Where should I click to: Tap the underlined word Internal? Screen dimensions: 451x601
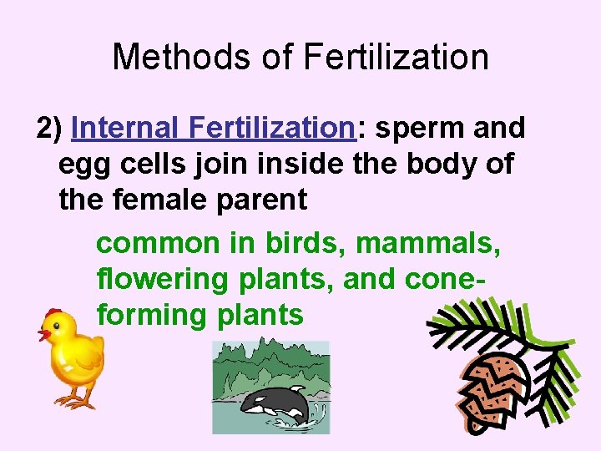(126, 128)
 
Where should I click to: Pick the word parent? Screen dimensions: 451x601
(265, 200)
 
